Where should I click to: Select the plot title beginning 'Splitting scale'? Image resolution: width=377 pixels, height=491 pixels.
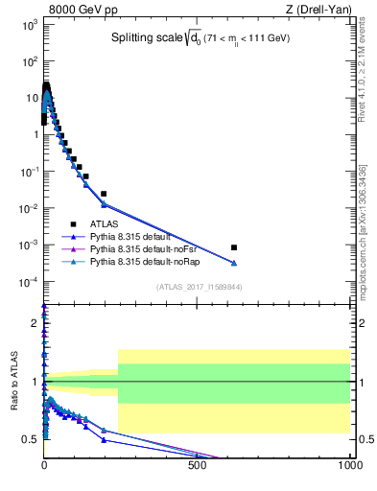point(200,37)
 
